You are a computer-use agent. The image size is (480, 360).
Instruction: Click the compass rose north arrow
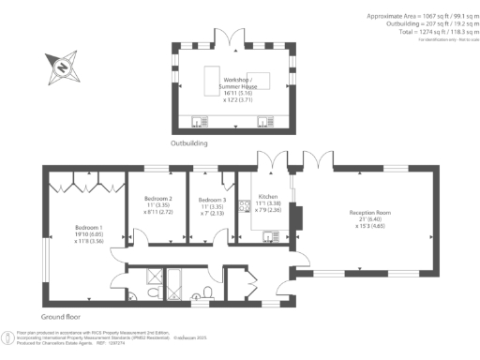coord(57,67)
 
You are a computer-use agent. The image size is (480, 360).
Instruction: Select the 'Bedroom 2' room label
coord(157,200)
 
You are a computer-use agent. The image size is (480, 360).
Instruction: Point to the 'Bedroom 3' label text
coord(212,200)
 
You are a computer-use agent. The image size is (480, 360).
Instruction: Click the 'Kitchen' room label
coord(268,199)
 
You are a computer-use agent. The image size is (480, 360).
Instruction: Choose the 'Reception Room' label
coord(369,214)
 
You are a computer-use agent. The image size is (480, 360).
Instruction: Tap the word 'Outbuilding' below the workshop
coord(188,144)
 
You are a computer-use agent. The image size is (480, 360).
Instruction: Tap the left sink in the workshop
coord(199,120)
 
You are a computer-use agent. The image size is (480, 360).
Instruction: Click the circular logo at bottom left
coord(9,334)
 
